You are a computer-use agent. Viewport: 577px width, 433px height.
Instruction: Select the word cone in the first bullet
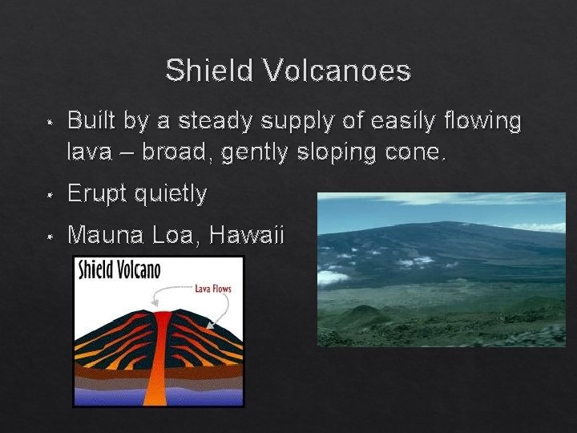tap(414, 151)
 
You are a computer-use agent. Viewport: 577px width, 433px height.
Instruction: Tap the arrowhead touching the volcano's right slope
tap(210, 326)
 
